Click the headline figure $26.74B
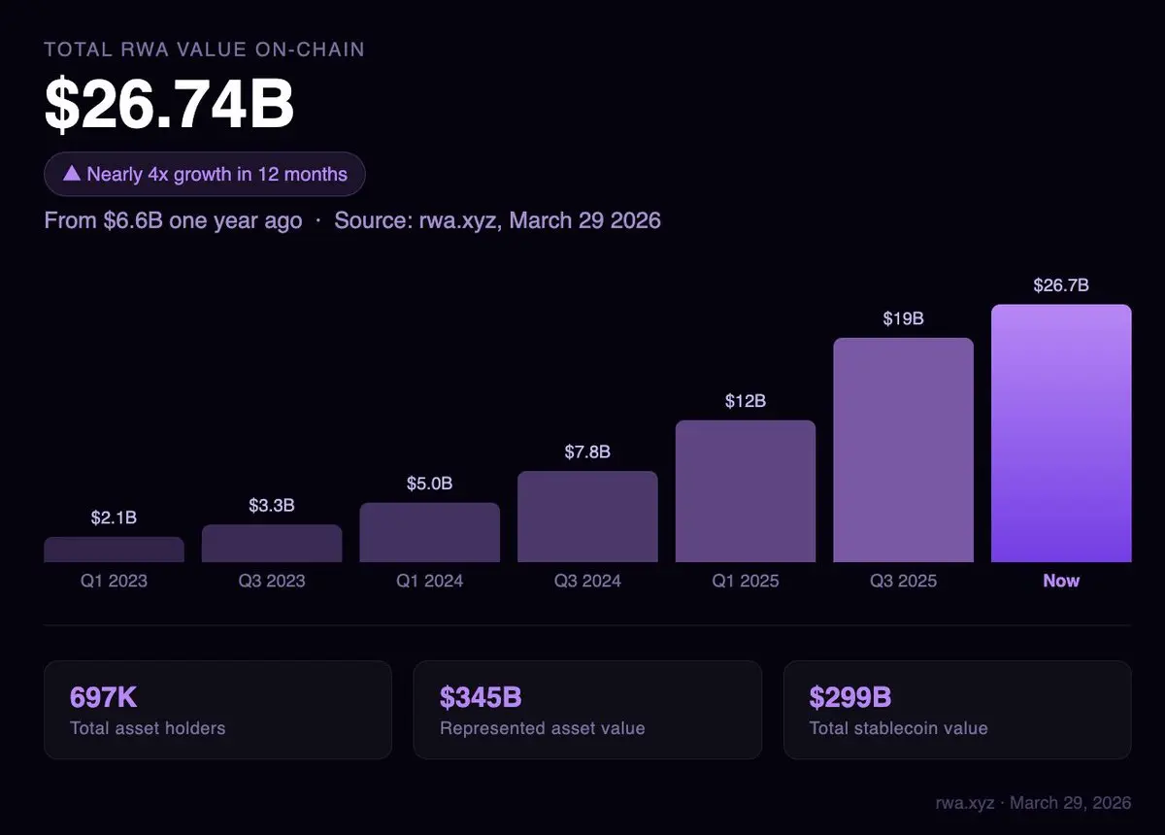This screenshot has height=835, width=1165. click(x=169, y=105)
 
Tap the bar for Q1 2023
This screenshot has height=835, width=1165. click(x=114, y=550)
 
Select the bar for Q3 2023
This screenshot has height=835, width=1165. click(x=272, y=544)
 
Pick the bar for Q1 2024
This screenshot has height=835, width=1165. click(x=429, y=532)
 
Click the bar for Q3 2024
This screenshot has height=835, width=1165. click(x=587, y=517)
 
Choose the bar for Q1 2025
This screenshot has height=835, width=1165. click(x=746, y=491)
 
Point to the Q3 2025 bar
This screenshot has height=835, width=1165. click(x=903, y=451)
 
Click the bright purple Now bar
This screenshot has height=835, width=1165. click(x=1061, y=433)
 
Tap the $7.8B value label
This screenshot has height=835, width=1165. click(x=587, y=452)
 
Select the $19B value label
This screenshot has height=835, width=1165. click(x=903, y=318)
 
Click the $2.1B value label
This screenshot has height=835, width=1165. click(x=114, y=518)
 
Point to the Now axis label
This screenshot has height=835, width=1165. click(x=1061, y=581)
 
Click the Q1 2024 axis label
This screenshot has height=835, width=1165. click(x=429, y=582)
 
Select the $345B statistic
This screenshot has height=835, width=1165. click(x=481, y=697)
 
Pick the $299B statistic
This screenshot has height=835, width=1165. click(x=850, y=697)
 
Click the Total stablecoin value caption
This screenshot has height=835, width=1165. click(x=898, y=728)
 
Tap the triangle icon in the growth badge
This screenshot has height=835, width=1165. click(x=71, y=174)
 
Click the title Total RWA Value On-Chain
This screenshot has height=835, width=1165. click(x=204, y=49)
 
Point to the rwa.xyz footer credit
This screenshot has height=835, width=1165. click(x=1033, y=804)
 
